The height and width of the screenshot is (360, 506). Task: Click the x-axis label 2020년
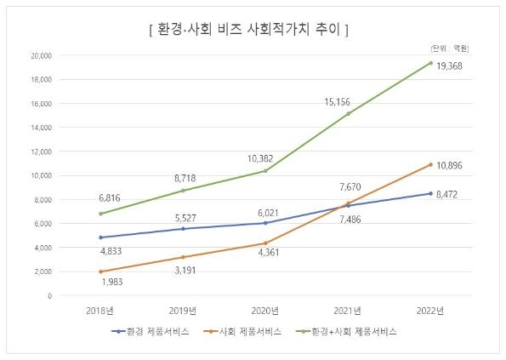point(266,310)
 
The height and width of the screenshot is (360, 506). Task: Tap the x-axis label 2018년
point(101,310)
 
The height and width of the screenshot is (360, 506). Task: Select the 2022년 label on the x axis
point(430,310)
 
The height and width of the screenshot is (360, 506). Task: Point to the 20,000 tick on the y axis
point(41,55)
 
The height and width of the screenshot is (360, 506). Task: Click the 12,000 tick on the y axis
point(41,151)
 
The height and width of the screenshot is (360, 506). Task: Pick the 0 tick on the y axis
point(49,295)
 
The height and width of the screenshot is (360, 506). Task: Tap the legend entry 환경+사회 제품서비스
point(353,332)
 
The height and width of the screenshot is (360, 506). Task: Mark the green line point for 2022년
point(430,63)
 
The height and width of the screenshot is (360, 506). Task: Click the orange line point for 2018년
point(101,271)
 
